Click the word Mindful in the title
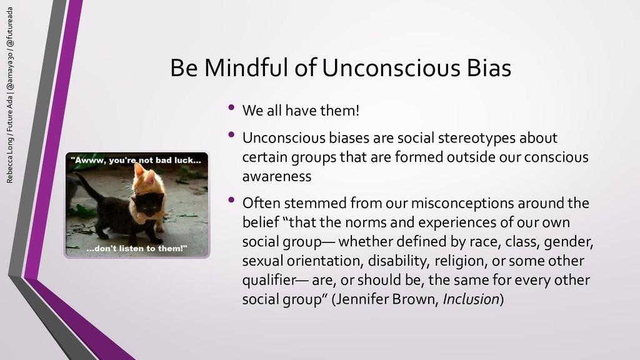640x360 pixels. (246, 67)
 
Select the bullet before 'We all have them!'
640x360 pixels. (231, 107)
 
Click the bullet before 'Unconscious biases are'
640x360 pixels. (231, 135)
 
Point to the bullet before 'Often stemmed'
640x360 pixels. (231, 200)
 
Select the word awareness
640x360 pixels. (277, 176)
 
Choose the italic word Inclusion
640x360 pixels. (471, 299)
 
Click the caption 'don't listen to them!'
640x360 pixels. (137, 248)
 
